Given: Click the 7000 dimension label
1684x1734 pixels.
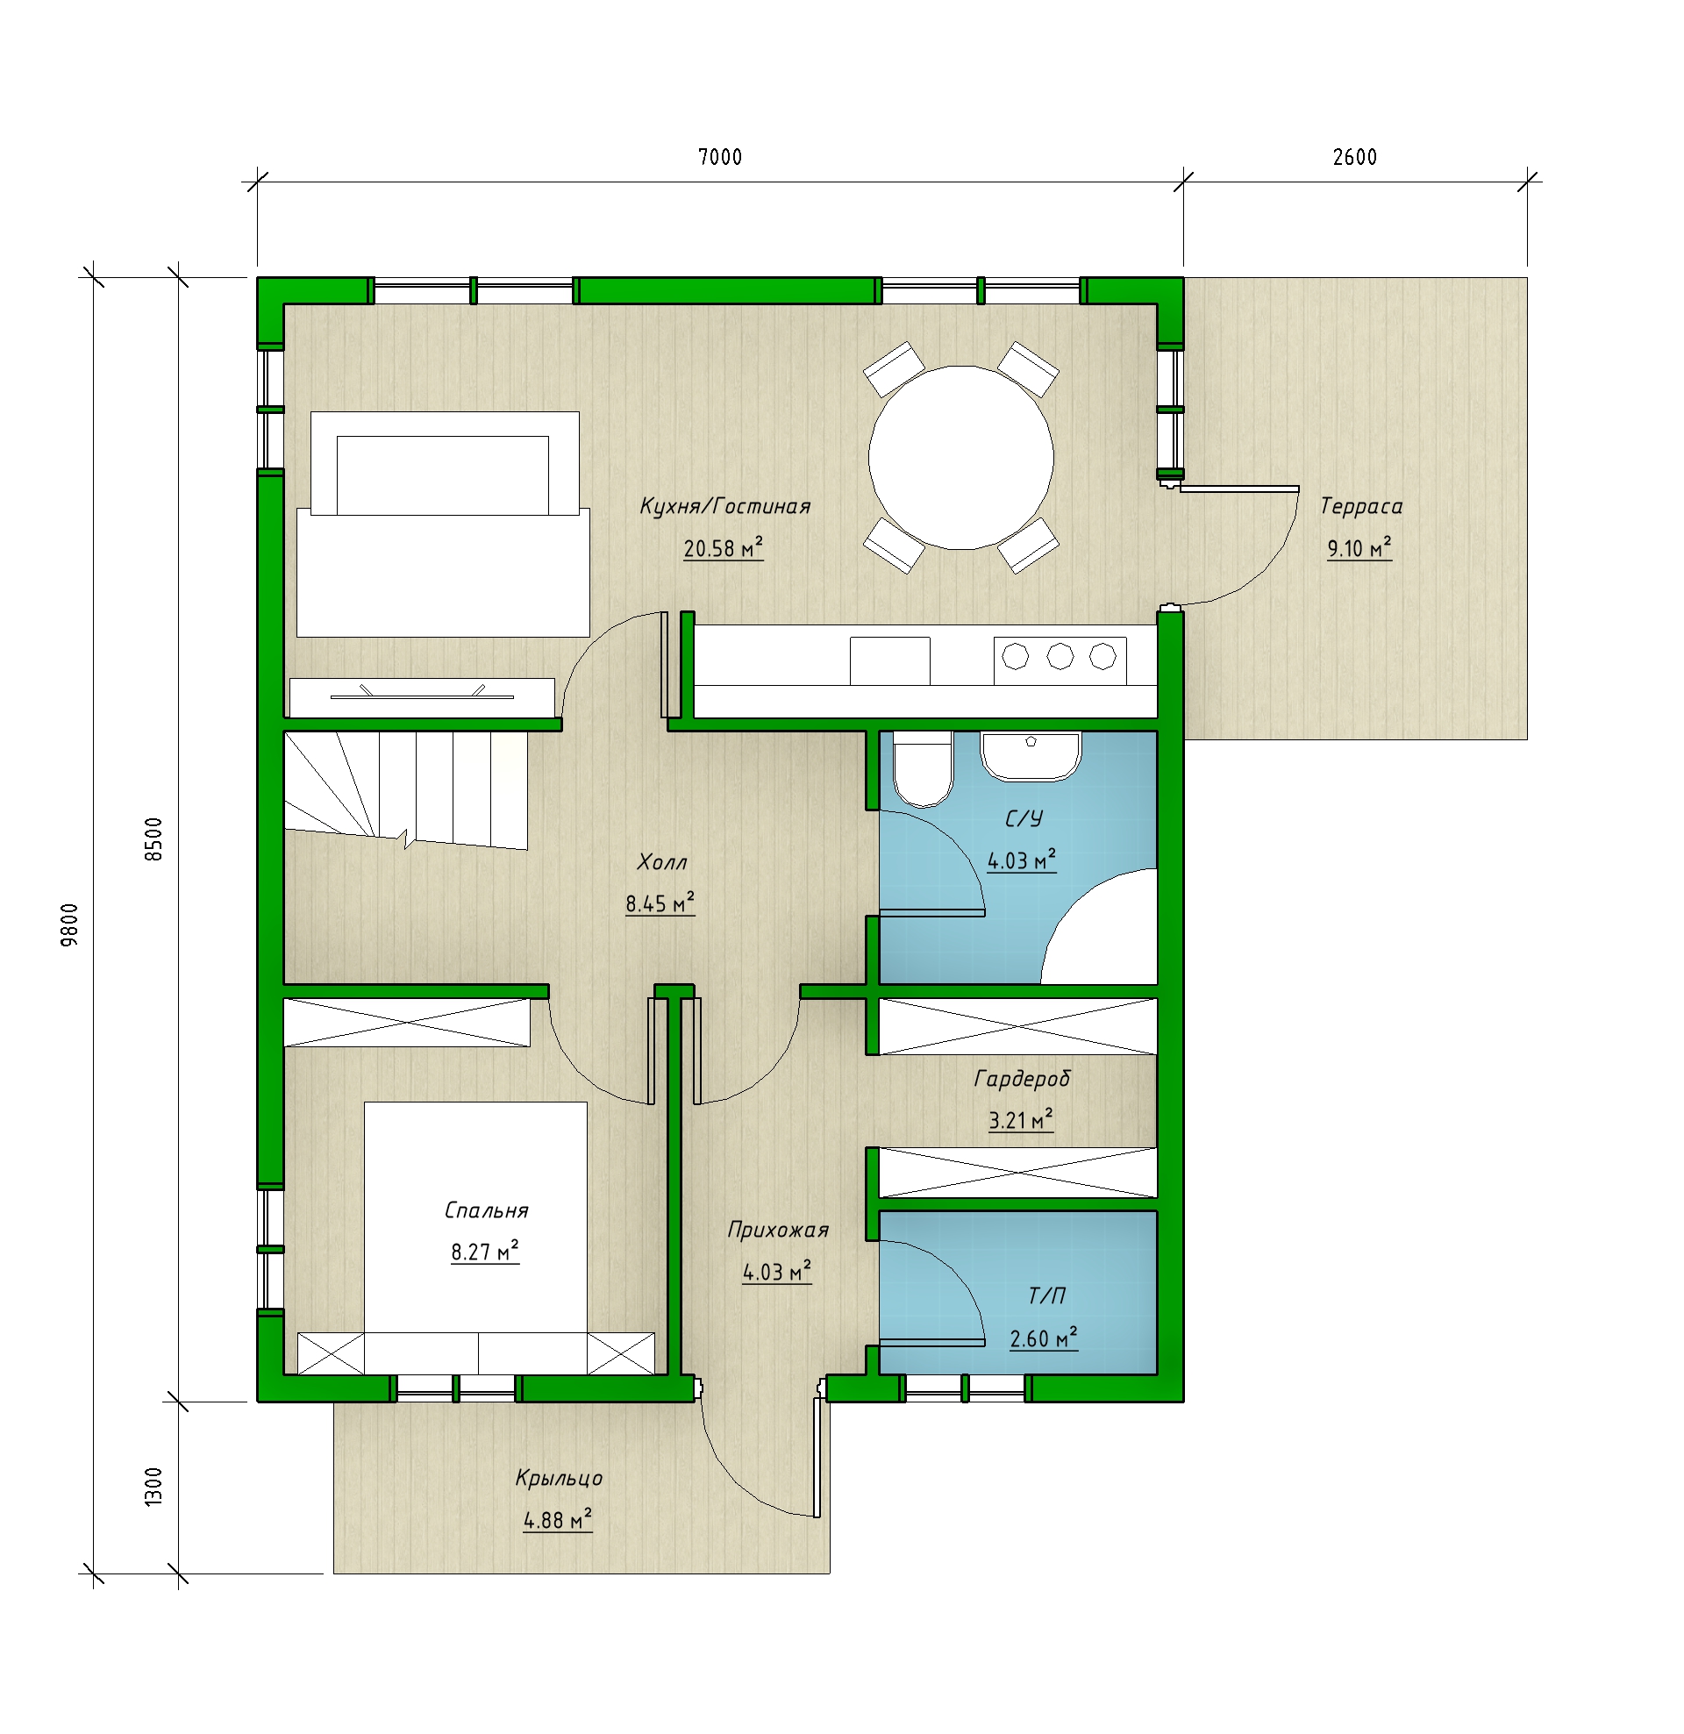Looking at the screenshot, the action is click(x=719, y=158).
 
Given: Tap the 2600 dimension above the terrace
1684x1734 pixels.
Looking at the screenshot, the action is click(x=1354, y=158).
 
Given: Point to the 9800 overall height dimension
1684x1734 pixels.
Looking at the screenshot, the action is click(x=69, y=924).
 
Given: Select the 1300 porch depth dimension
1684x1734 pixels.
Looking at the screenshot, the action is click(x=153, y=1487).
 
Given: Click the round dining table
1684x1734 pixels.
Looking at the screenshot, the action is click(x=961, y=457).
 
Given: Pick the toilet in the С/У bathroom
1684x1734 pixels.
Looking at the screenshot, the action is click(x=922, y=769).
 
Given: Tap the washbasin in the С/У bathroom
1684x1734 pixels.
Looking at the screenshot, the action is click(x=1030, y=756).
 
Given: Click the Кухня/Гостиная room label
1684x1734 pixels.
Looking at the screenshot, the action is click(x=724, y=506).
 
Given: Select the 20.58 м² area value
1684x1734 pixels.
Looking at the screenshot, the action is click(x=723, y=548).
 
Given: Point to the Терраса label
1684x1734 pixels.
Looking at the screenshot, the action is click(x=1361, y=506).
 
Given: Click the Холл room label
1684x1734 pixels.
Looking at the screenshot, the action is click(x=662, y=861).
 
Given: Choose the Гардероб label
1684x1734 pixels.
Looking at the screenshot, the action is click(x=1022, y=1079).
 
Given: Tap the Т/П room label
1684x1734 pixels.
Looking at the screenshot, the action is click(x=1047, y=1296).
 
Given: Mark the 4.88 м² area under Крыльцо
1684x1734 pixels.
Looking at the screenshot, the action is click(x=558, y=1520).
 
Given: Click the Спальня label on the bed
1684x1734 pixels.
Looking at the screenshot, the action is click(x=486, y=1210).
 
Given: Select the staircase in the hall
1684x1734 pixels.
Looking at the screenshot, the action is click(x=405, y=790).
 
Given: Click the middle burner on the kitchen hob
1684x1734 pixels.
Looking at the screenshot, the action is click(x=1060, y=656).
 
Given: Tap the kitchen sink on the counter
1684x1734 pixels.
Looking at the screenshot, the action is click(x=889, y=660).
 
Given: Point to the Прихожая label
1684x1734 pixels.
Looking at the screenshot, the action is click(x=778, y=1230).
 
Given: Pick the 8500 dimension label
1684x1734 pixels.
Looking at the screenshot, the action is click(x=153, y=839).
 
